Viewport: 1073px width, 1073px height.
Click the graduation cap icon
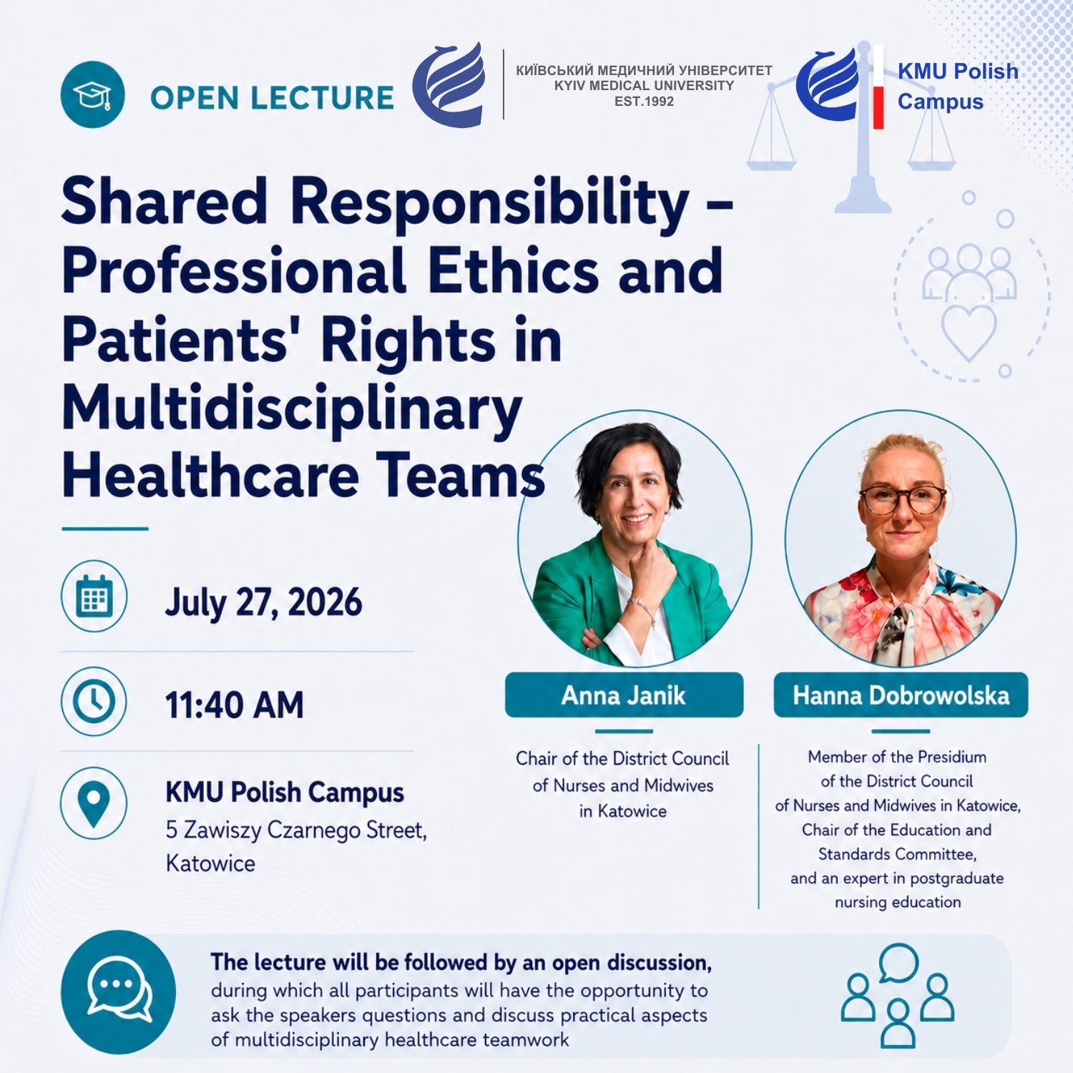click(x=93, y=94)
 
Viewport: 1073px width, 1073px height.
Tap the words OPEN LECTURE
click(x=272, y=98)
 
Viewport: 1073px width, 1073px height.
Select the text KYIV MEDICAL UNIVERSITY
click(x=644, y=86)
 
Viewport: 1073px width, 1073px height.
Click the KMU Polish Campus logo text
click(x=958, y=86)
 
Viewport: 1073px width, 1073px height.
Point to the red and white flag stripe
click(x=878, y=87)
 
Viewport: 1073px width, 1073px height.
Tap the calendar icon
click(x=94, y=597)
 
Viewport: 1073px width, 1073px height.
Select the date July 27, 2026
click(x=263, y=602)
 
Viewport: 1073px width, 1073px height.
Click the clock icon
click(x=94, y=701)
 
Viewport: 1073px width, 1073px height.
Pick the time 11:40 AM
click(x=235, y=705)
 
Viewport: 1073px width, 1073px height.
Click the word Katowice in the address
click(x=210, y=863)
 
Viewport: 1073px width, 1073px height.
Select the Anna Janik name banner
click(x=624, y=695)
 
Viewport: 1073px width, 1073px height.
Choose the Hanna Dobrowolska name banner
click(x=901, y=695)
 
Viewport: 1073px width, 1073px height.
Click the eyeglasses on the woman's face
click(x=903, y=499)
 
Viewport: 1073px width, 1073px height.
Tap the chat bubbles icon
click(x=119, y=991)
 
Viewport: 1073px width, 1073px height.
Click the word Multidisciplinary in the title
click(x=292, y=408)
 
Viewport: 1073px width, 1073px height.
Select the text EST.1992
click(x=644, y=102)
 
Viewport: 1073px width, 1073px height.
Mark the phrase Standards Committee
click(x=897, y=854)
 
